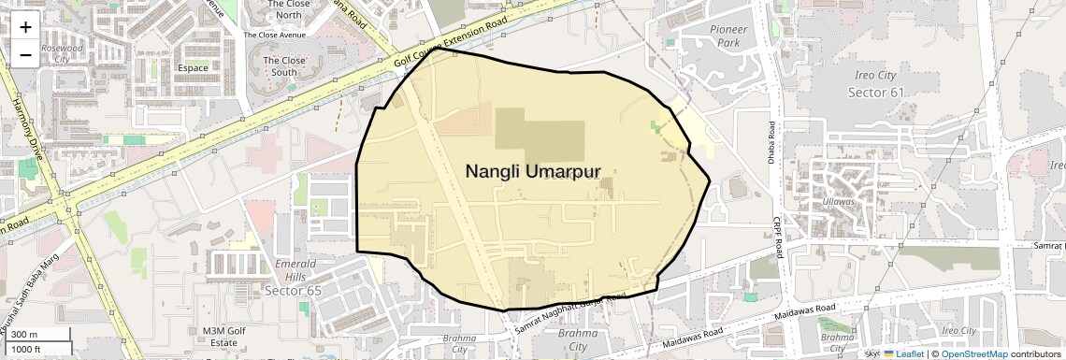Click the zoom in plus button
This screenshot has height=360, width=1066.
[x=25, y=27]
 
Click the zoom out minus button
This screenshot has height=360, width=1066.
[x=25, y=54]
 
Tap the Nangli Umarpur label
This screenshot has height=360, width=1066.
[x=532, y=171]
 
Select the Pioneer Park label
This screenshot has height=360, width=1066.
[x=728, y=36]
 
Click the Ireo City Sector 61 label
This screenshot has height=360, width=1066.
[x=876, y=83]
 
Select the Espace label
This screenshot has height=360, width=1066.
[x=193, y=68]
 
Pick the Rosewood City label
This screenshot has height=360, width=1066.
[x=63, y=52]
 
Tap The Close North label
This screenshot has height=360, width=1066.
[x=288, y=9]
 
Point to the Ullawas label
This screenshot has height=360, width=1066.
[x=839, y=201]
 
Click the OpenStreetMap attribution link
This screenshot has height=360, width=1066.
[x=973, y=354]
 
